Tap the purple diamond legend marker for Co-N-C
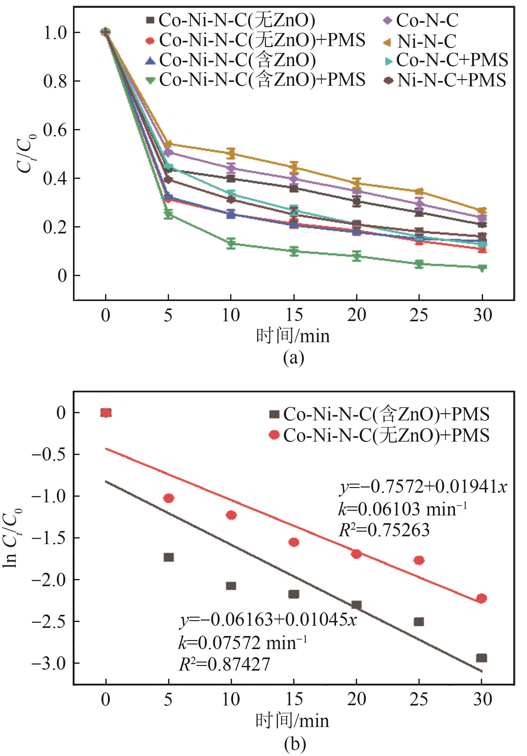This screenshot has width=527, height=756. (x=388, y=21)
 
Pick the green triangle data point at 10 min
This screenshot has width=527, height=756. (x=231, y=244)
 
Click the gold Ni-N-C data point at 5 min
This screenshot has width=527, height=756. (x=168, y=144)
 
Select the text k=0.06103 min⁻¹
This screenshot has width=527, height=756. (x=402, y=510)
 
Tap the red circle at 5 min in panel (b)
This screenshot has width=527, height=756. (x=168, y=499)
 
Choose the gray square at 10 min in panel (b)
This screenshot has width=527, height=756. (x=231, y=586)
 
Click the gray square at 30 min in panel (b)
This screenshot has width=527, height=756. (x=481, y=658)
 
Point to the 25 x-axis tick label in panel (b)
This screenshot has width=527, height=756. (x=418, y=699)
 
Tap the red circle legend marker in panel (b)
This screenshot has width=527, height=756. (x=274, y=435)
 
